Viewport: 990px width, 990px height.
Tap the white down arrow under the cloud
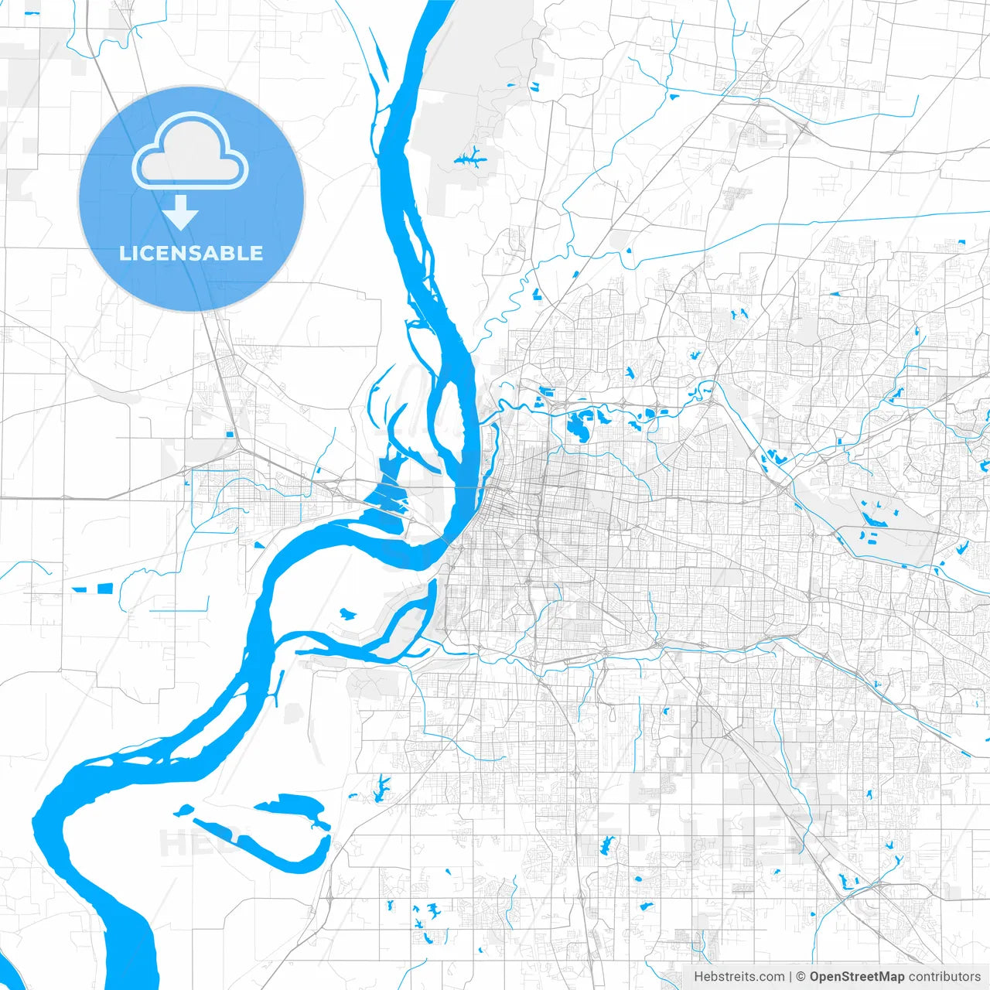(x=181, y=213)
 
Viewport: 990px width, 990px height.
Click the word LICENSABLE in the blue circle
(x=191, y=253)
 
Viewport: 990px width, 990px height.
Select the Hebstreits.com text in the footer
(x=739, y=977)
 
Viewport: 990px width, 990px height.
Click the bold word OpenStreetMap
(x=856, y=977)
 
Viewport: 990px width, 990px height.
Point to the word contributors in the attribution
(x=944, y=977)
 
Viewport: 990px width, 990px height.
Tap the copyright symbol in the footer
(x=801, y=977)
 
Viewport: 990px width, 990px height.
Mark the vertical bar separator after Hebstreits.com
(x=790, y=977)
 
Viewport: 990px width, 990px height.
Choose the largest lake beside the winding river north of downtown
(x=577, y=425)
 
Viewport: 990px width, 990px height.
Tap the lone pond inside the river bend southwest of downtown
(x=345, y=615)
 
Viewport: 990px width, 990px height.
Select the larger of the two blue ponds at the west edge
(x=104, y=589)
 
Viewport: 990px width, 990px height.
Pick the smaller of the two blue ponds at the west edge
(x=80, y=589)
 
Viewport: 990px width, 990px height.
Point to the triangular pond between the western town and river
(x=259, y=545)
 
